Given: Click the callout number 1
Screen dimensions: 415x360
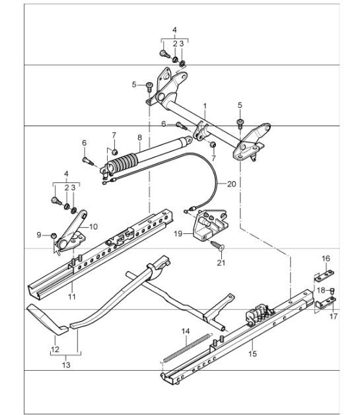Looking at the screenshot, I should pos(205,106).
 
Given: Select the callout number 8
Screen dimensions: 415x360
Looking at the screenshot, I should pos(139,137).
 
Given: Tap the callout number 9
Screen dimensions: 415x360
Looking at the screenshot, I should pos(39,235).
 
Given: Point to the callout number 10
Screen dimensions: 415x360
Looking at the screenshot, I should pos(93,227).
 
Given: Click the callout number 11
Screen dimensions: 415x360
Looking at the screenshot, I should pos(72,297).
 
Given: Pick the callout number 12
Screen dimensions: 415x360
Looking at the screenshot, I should pos(54,348).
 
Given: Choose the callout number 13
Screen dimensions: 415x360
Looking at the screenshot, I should pos(65,364).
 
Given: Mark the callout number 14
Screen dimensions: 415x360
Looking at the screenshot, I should pos(186,330).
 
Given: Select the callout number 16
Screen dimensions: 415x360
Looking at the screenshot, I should pos(325,258).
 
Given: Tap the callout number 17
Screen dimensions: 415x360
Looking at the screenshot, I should pos(333,317).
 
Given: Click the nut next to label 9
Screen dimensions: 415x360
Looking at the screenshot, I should pos(54,235).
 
